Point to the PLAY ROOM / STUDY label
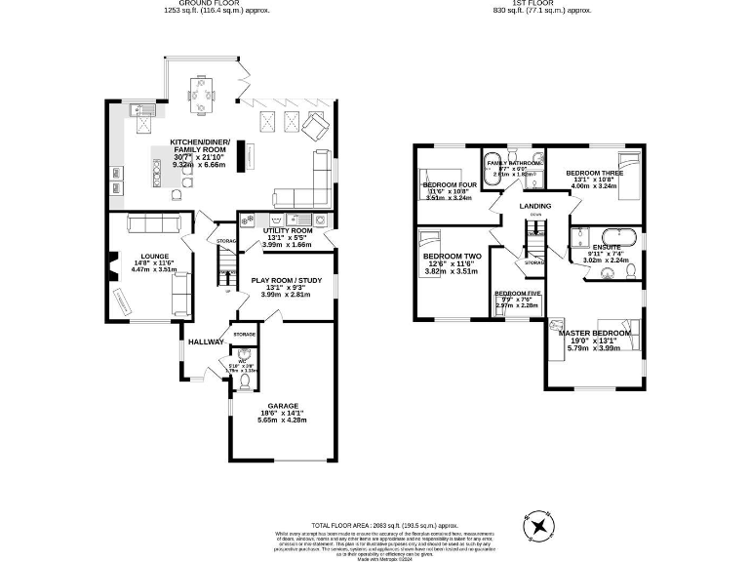point(287,280)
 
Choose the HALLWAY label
point(206,341)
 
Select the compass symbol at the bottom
point(538,527)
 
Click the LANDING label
point(534,206)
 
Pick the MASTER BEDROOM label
point(595,333)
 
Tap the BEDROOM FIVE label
point(517,294)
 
